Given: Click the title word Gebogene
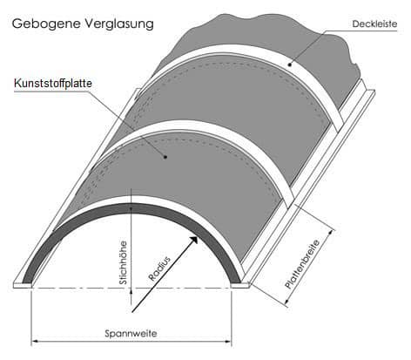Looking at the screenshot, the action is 46,24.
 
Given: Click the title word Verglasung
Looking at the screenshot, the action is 119,24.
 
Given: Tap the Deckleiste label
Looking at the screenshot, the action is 374,24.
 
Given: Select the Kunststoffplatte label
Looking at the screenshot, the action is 53,84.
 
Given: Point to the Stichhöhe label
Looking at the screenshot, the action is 124,262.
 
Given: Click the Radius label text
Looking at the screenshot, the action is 159,268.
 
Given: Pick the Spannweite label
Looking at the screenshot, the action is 131,333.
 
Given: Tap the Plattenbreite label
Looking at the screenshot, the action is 302,264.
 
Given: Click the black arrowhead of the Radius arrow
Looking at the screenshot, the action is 193,241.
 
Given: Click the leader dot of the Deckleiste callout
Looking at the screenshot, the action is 290,65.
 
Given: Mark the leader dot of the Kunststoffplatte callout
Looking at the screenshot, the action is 165,157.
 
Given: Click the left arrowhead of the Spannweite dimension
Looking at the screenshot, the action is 35,341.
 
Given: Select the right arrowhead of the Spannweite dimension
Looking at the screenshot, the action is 228,341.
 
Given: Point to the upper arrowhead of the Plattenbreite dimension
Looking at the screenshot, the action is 331,233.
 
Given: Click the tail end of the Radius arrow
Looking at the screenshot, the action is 132,313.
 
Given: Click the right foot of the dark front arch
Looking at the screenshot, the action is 236,280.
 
